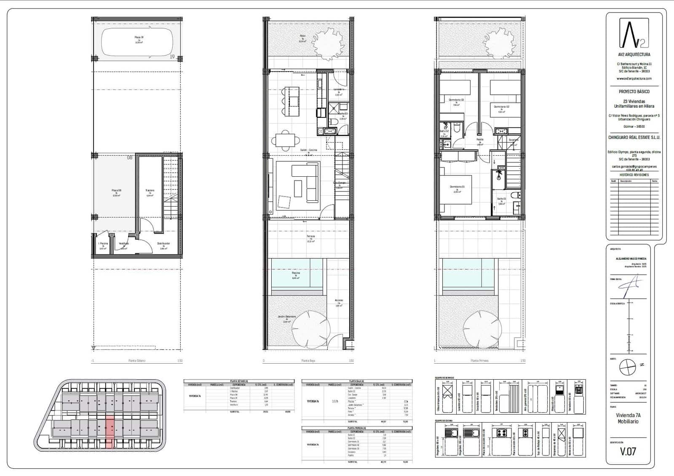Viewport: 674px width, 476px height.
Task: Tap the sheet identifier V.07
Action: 628,452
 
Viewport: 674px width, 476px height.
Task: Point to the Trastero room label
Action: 150,191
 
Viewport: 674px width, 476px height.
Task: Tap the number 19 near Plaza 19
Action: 172,56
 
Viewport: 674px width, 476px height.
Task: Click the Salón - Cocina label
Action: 308,150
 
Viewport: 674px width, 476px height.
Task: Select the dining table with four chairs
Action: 286,140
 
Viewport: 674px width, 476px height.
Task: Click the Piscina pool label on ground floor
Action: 296,273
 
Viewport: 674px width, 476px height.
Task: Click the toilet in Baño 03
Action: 334,122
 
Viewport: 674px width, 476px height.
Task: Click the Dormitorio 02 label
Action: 502,107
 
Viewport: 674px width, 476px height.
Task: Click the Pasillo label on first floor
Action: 480,139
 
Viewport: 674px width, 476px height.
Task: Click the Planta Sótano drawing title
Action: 137,361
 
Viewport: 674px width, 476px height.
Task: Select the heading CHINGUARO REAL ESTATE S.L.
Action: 634,138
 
